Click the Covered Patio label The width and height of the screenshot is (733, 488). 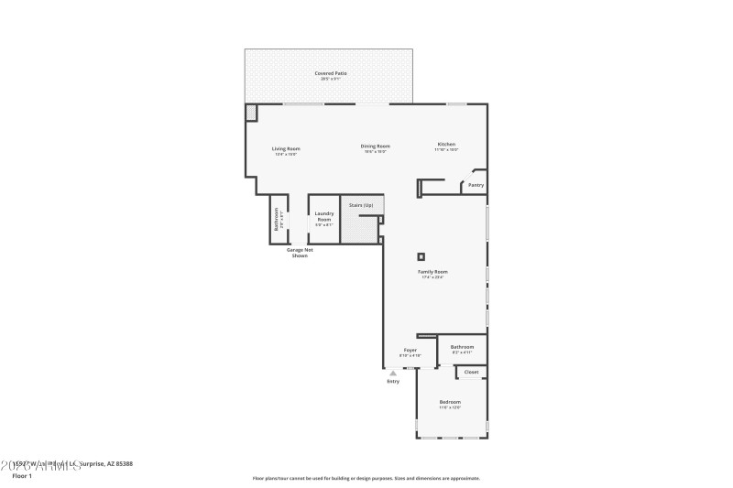(x=331, y=73)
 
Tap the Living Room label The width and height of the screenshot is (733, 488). (x=286, y=148)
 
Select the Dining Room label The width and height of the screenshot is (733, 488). (x=375, y=146)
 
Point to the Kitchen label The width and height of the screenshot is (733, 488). (x=446, y=144)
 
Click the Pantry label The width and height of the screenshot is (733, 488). (x=476, y=185)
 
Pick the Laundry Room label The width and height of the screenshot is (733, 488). (x=323, y=217)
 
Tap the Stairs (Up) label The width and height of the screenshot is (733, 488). (x=361, y=205)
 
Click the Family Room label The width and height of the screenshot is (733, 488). (x=432, y=272)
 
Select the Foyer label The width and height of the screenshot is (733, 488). (x=410, y=350)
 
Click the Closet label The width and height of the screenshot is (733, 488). (x=471, y=372)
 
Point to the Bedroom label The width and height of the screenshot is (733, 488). (x=449, y=402)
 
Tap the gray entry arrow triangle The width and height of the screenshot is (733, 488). (x=393, y=373)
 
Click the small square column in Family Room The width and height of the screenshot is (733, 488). (x=421, y=256)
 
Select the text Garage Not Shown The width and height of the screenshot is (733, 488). (x=299, y=253)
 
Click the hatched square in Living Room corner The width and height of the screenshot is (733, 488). (x=251, y=112)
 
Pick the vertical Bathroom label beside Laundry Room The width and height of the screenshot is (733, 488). (x=277, y=221)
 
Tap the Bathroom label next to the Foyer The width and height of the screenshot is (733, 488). (x=462, y=347)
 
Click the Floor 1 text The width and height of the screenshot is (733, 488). (x=22, y=476)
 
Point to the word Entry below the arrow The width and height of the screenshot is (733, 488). (x=393, y=381)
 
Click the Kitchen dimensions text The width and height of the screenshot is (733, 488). (x=446, y=149)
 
